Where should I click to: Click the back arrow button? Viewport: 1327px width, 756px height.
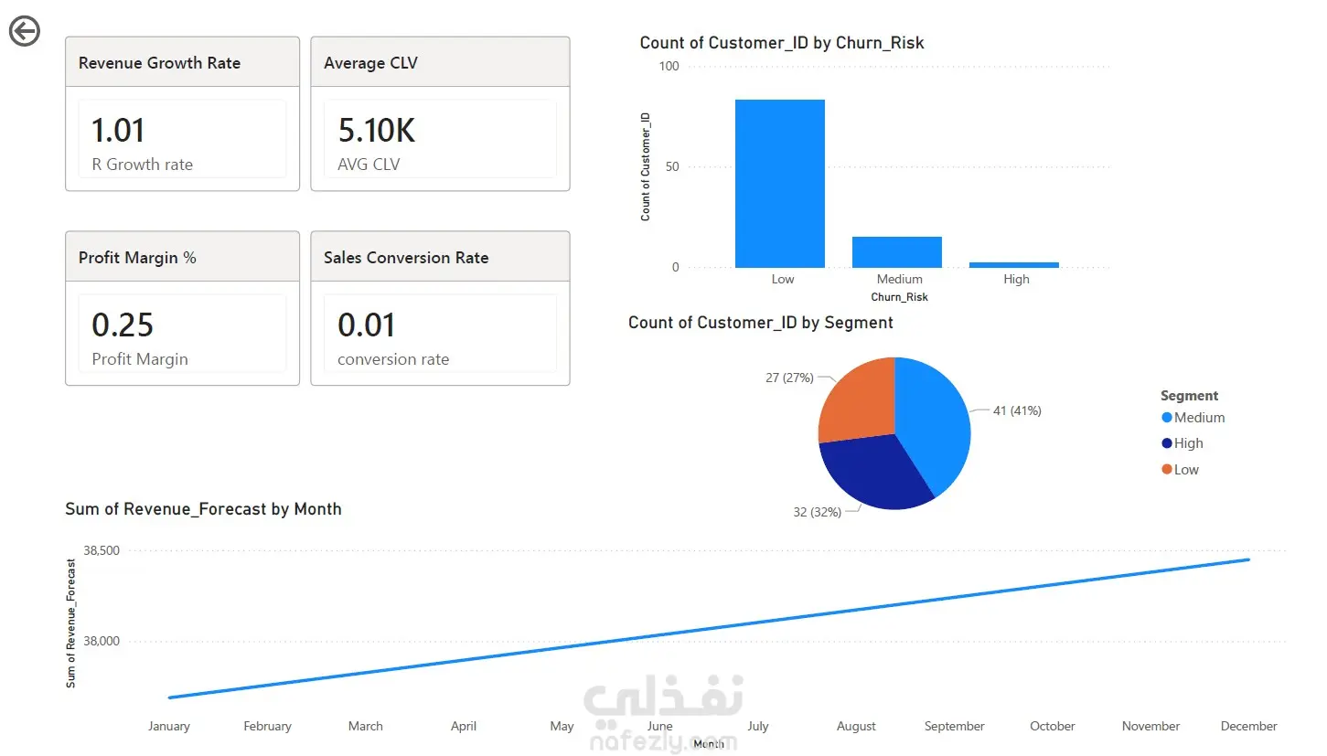(x=25, y=31)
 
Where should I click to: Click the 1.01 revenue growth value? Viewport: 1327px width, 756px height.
(x=118, y=130)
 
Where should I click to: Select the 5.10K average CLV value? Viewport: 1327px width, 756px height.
(x=377, y=130)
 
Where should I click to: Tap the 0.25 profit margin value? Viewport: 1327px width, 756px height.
(x=123, y=325)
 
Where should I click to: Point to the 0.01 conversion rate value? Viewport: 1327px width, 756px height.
(x=366, y=325)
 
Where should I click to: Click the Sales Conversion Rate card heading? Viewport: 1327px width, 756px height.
(x=406, y=258)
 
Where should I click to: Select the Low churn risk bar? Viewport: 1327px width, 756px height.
(x=779, y=184)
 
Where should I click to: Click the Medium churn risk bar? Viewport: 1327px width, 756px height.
(x=897, y=252)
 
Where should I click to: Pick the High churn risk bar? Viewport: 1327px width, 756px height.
(x=1013, y=264)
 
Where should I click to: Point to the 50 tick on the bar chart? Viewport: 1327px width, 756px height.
(x=672, y=166)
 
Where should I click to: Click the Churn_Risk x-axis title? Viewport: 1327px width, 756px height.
(x=899, y=296)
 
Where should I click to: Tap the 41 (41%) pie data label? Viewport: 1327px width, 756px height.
(x=1017, y=410)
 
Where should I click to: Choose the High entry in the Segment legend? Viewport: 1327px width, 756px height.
(x=1183, y=443)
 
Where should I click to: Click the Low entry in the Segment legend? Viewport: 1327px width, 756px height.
(x=1180, y=470)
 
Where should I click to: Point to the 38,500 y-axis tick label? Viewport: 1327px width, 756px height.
(x=102, y=550)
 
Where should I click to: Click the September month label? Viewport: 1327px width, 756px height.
(x=954, y=726)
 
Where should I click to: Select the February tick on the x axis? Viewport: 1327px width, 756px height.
(x=267, y=726)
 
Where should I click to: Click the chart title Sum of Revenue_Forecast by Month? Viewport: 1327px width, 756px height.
(x=203, y=509)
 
